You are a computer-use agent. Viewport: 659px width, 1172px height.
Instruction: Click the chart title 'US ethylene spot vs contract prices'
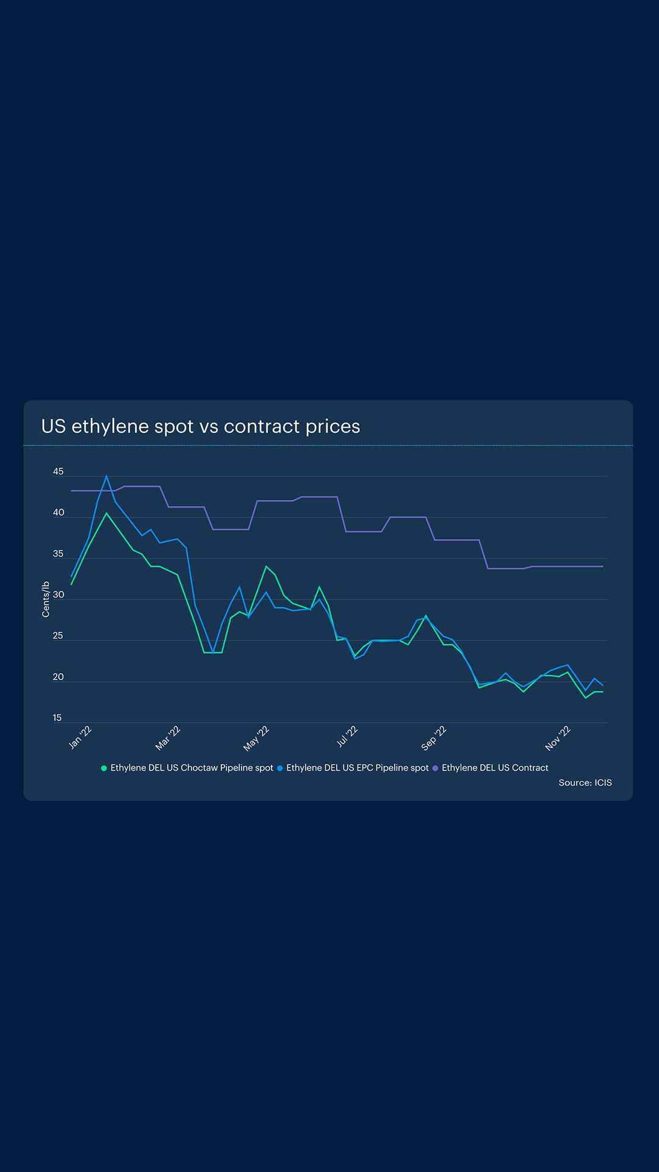tap(200, 426)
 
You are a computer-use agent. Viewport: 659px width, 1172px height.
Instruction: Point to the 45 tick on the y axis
tap(58, 472)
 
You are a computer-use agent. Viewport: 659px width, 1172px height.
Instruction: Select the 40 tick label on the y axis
tap(58, 513)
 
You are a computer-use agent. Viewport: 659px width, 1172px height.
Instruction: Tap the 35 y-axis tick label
tap(58, 554)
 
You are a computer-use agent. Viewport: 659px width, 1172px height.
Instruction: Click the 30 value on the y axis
tap(58, 595)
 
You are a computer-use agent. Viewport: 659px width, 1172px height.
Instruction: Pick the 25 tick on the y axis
tap(58, 636)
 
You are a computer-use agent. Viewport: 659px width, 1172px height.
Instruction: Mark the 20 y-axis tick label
tap(58, 677)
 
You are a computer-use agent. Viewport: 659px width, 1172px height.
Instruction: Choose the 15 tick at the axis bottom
tap(57, 718)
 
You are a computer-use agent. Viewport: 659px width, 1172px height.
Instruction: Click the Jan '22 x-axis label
tap(80, 737)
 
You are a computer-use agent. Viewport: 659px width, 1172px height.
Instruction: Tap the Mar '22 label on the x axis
tap(168, 738)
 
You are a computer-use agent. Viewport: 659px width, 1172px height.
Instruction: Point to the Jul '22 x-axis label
tap(347, 737)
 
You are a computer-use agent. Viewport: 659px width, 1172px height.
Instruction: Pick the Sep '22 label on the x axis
tap(434, 738)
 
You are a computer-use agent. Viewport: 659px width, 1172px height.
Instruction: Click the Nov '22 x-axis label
tap(558, 738)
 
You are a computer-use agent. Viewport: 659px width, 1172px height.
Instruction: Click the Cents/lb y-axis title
tap(46, 599)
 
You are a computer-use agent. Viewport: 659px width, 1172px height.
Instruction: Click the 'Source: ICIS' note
tap(585, 783)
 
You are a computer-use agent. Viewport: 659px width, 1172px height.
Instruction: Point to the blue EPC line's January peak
tap(107, 477)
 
